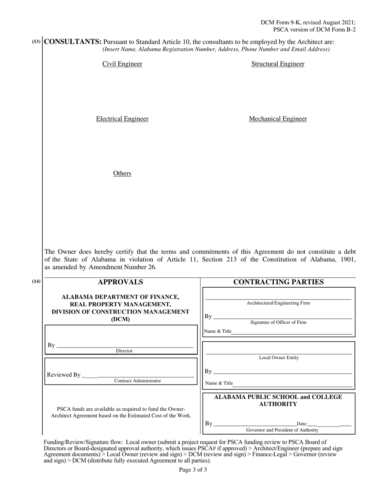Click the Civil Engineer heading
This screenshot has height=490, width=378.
coord(122,64)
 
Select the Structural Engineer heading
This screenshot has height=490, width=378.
coord(278,64)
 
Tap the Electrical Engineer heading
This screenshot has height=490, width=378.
coord(122,119)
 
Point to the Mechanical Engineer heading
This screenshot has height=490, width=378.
coord(278,119)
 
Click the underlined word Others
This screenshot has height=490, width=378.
coord(122,173)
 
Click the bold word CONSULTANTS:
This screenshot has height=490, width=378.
coord(73,42)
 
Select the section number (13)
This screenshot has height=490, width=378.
coord(36,41)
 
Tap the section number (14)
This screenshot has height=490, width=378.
coord(36,282)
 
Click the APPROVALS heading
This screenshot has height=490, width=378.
coord(121,282)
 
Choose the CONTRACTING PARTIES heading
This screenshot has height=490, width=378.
coord(278,282)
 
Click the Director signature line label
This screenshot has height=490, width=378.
coord(124,351)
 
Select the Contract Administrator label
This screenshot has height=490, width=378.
coord(138,381)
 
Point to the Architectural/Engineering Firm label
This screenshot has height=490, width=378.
coord(278,303)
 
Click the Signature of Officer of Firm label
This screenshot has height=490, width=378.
coord(278,322)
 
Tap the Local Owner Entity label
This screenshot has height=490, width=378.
coord(279,358)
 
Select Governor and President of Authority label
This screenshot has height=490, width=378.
coord(282,430)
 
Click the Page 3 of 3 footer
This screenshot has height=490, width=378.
coord(193,470)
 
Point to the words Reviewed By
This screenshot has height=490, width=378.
coord(64,375)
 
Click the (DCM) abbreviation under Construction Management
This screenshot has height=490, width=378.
coord(121,319)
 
